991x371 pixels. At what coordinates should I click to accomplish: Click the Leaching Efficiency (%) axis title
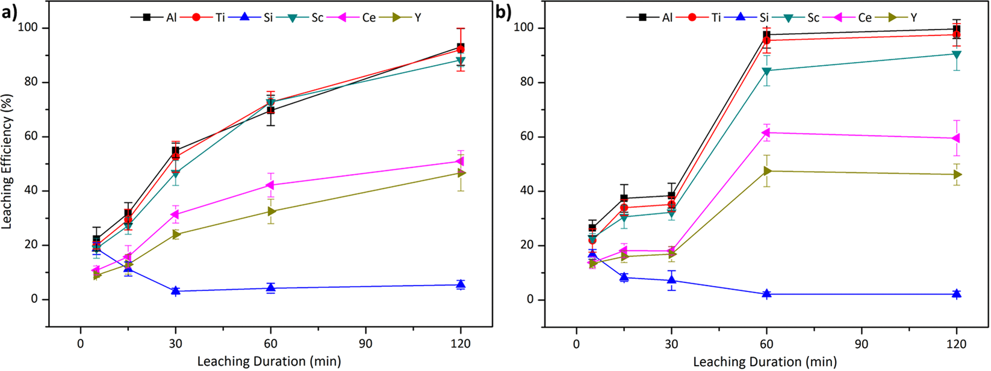pyautogui.click(x=8, y=163)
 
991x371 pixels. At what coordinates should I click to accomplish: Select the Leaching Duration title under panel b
pyautogui.click(x=765, y=362)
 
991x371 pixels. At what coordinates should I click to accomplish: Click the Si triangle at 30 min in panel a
pyautogui.click(x=176, y=291)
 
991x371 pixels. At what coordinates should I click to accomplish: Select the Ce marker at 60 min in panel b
pyautogui.click(x=766, y=132)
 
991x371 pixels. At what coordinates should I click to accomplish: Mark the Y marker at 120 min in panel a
pyautogui.click(x=461, y=173)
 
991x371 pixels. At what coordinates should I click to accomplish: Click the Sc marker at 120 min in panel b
pyautogui.click(x=956, y=54)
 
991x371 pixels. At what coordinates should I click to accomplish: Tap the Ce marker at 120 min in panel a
pyautogui.click(x=461, y=161)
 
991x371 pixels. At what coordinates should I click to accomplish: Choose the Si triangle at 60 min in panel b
pyautogui.click(x=766, y=294)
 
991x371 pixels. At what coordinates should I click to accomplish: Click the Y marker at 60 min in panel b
pyautogui.click(x=766, y=171)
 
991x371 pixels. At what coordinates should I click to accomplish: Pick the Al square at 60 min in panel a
pyautogui.click(x=271, y=110)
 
